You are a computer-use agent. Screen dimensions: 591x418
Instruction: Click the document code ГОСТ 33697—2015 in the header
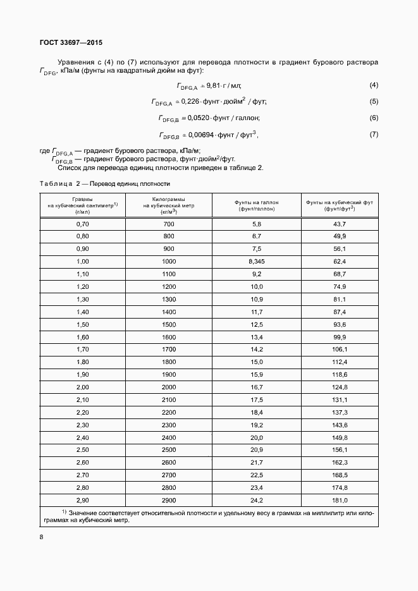(70, 43)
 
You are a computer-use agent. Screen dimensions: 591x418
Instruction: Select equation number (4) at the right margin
(374, 85)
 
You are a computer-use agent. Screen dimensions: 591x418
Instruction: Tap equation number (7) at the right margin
(374, 134)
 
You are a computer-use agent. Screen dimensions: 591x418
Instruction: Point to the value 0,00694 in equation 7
(202, 135)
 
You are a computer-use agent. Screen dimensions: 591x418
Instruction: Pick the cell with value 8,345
(256, 261)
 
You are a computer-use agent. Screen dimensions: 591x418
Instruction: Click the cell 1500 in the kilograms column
(168, 324)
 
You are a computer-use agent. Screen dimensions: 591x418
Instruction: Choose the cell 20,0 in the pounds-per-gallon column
(256, 437)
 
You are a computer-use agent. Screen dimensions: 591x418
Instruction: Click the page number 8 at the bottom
(42, 537)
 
